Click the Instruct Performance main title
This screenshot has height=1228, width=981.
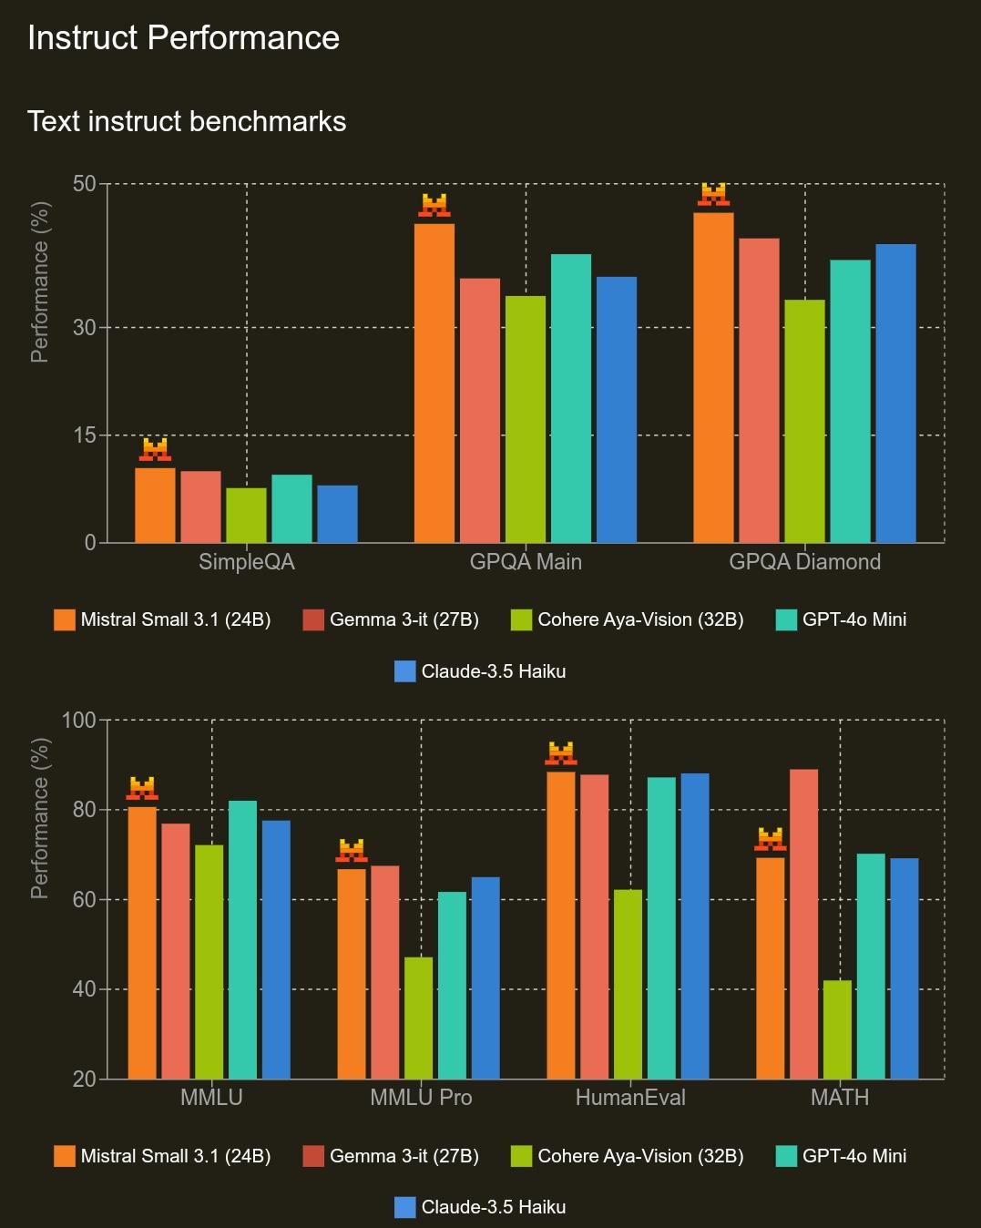click(183, 38)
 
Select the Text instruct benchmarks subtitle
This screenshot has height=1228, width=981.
click(187, 121)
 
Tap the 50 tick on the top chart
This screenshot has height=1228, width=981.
click(84, 184)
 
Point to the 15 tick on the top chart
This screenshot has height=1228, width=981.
click(84, 435)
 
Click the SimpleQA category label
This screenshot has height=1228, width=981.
click(247, 561)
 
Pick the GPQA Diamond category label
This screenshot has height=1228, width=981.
click(804, 561)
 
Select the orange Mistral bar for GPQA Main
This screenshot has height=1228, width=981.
click(434, 383)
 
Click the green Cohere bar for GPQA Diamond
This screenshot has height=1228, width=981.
click(804, 421)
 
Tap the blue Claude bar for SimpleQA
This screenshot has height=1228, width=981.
click(337, 514)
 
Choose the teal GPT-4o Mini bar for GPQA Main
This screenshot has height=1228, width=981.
click(571, 398)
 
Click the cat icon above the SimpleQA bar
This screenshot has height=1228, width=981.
click(155, 449)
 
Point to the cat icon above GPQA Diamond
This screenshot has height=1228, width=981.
click(713, 194)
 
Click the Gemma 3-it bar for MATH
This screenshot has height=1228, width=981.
click(803, 924)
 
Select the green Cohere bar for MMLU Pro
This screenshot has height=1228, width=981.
click(418, 1018)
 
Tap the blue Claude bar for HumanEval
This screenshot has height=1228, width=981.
click(695, 926)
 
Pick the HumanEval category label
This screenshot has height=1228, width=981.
click(630, 1098)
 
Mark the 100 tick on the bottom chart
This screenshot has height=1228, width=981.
click(78, 721)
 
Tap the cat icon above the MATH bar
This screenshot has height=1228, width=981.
click(771, 839)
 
